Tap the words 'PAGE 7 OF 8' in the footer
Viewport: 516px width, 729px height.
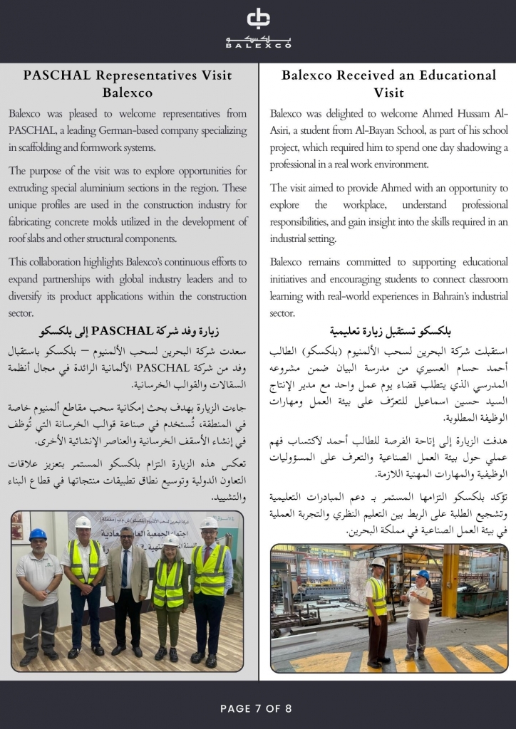pyautogui.click(x=256, y=708)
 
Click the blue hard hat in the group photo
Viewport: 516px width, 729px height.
pyautogui.click(x=38, y=534)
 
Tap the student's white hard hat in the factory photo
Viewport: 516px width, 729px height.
pyautogui.click(x=378, y=562)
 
